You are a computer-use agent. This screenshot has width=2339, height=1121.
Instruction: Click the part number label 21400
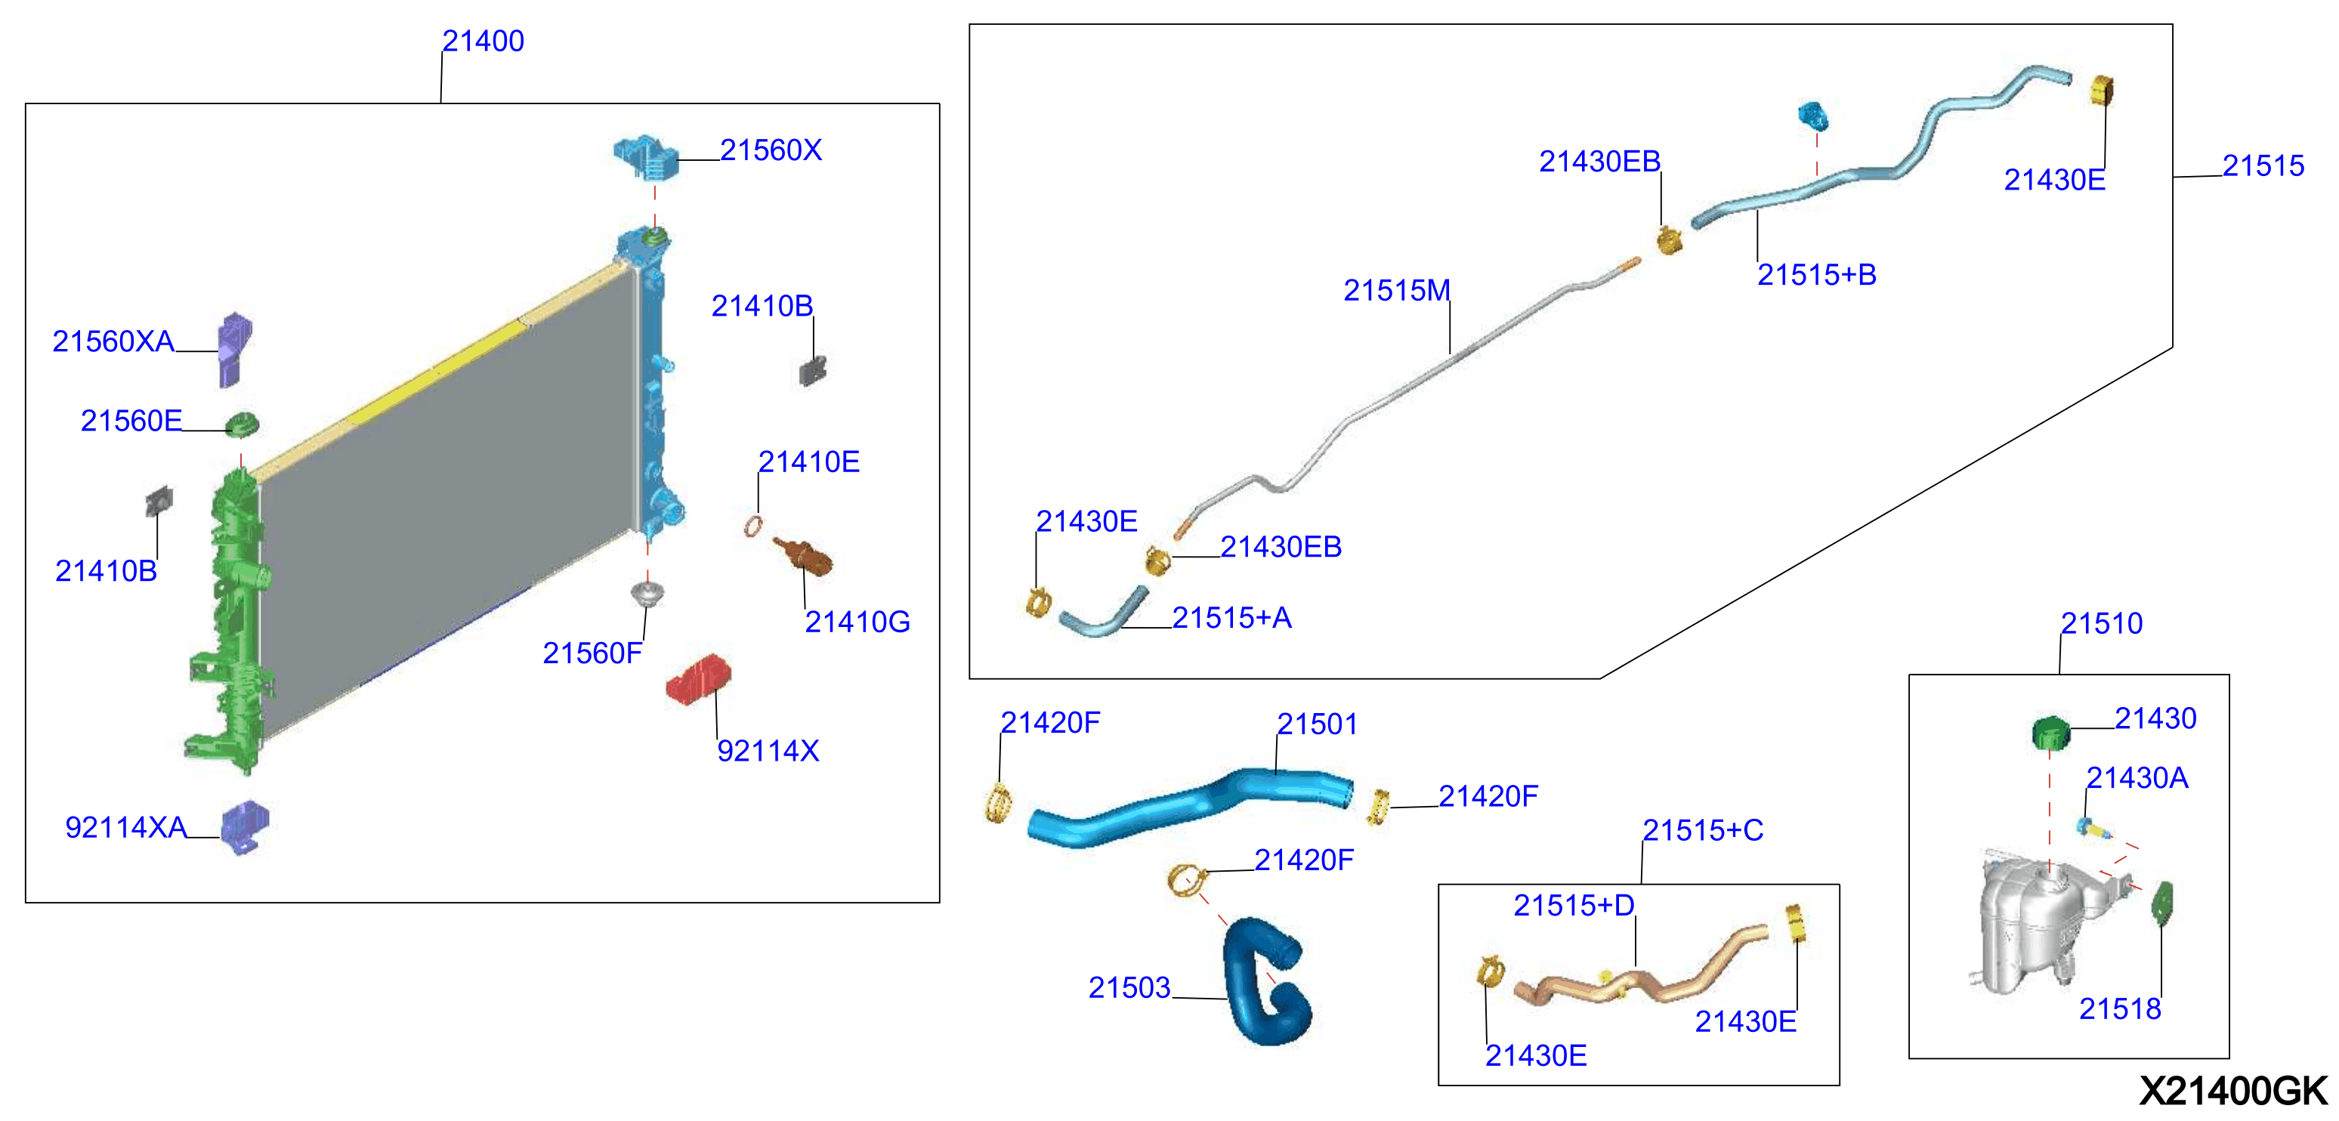[x=482, y=41]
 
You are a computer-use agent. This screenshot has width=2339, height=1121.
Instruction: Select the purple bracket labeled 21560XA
[x=234, y=350]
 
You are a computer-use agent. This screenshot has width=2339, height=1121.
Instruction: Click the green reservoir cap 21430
[x=2050, y=732]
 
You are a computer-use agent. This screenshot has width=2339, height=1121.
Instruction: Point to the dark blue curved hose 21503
[x=1264, y=980]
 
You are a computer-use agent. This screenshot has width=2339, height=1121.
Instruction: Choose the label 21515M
[x=1396, y=291]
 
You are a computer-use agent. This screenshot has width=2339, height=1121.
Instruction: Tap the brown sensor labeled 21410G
[x=802, y=555]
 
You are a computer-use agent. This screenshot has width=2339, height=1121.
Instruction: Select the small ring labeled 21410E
[x=752, y=526]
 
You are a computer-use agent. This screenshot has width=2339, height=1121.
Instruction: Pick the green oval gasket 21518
[x=2162, y=903]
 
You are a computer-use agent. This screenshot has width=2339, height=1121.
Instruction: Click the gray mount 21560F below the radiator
[x=647, y=595]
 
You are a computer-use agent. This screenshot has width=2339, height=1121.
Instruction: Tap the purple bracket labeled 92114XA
[x=246, y=826]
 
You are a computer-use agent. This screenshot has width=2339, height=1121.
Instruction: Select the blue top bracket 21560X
[x=646, y=159]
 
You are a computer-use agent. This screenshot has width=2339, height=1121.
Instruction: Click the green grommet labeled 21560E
[x=242, y=424]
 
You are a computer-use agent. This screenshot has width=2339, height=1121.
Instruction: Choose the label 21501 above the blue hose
[x=1317, y=724]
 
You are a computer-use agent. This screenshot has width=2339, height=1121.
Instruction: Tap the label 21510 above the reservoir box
[x=2101, y=624]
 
